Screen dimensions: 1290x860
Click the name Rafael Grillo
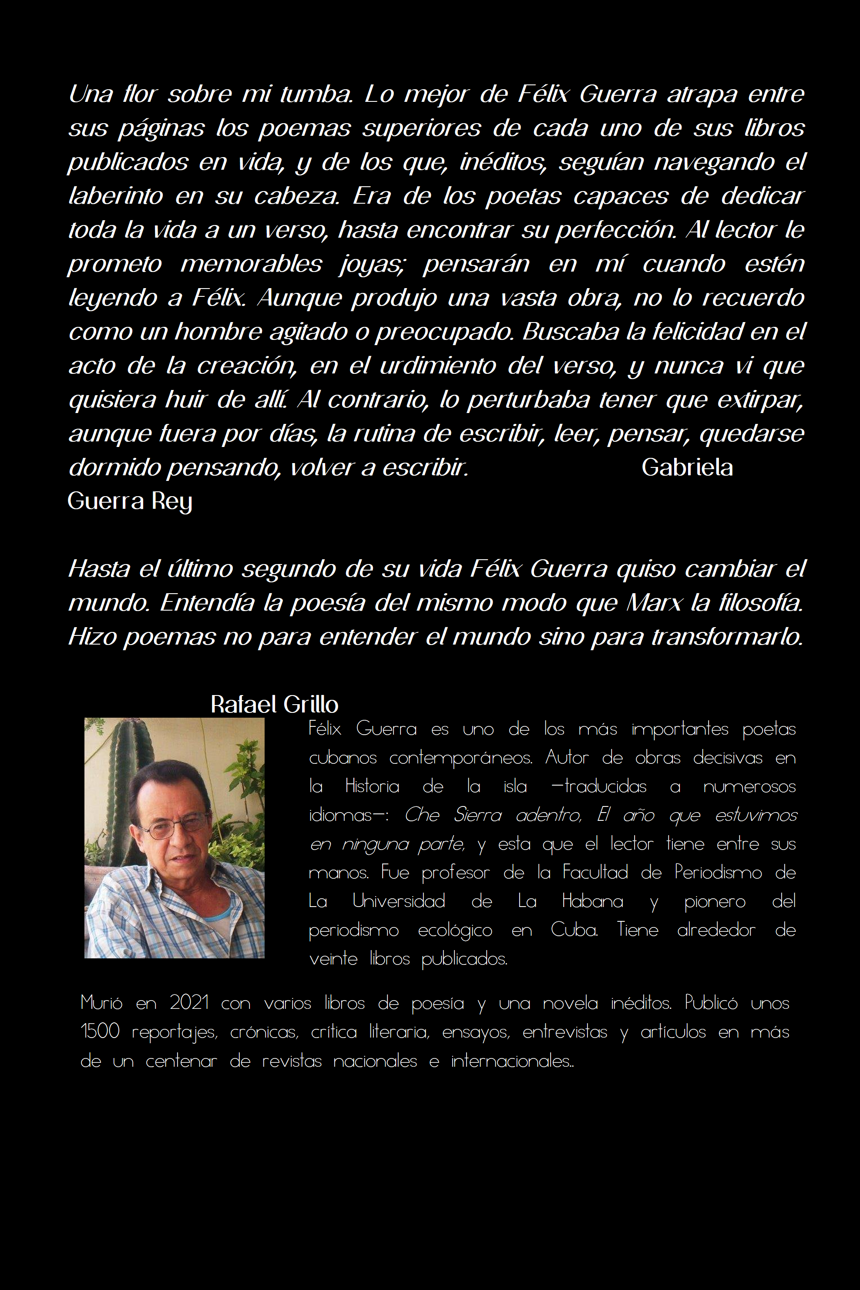click(x=274, y=704)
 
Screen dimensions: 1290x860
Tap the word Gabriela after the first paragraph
click(x=687, y=467)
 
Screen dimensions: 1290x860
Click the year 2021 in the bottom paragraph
click(x=189, y=1003)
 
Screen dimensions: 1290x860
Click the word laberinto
click(x=116, y=196)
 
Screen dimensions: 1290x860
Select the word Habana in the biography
click(x=592, y=901)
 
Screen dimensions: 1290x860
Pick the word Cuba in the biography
click(x=574, y=930)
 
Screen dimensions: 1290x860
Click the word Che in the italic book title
click(x=422, y=815)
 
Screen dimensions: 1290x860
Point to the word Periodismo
click(x=718, y=873)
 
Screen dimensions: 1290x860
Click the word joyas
click(x=372, y=264)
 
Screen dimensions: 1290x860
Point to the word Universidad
click(x=398, y=901)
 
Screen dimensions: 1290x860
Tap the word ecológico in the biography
click(x=455, y=930)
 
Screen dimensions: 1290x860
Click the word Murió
click(x=101, y=1003)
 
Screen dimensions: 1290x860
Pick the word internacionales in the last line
click(x=512, y=1061)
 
